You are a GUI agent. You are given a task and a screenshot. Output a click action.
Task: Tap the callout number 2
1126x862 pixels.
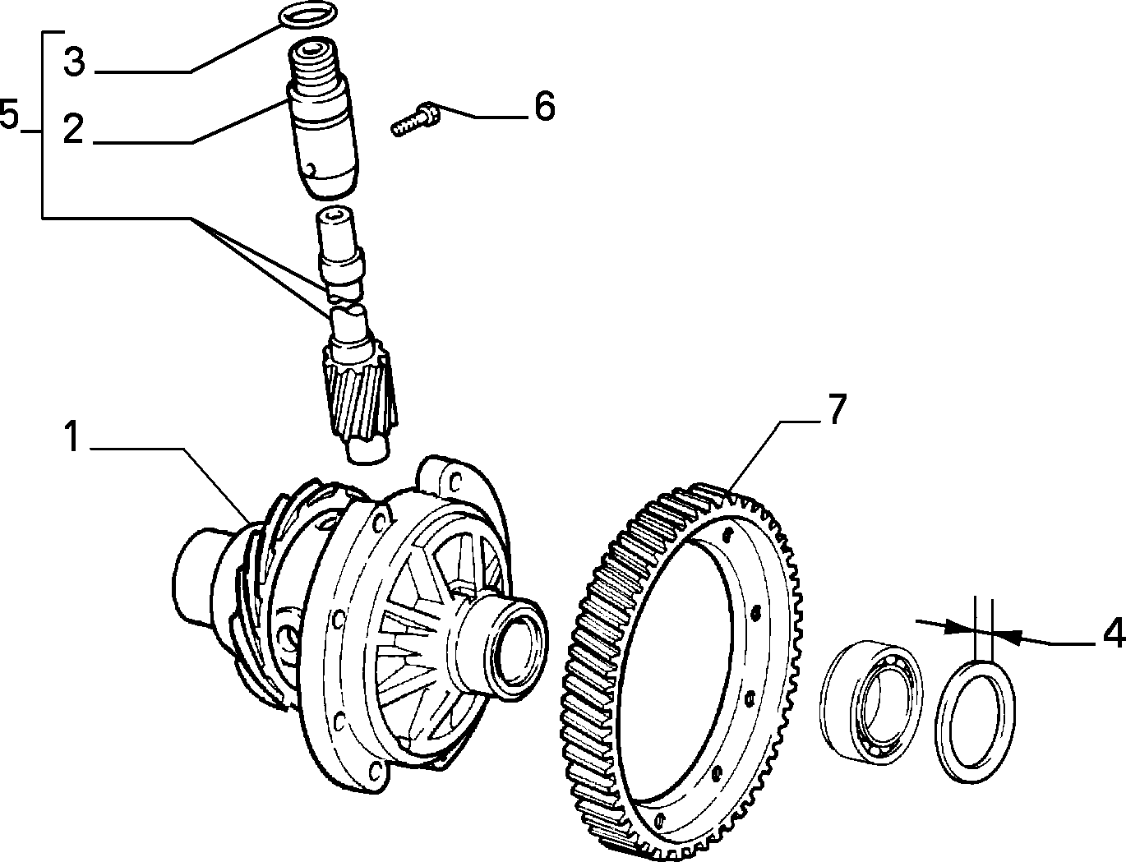(74, 130)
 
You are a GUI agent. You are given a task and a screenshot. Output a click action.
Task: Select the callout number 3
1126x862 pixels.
(74, 61)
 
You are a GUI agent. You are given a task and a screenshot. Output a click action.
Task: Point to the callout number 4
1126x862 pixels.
(1113, 633)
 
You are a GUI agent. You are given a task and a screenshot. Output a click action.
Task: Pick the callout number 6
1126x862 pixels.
(545, 106)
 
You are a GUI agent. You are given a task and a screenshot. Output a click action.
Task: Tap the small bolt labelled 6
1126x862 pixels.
(416, 118)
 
